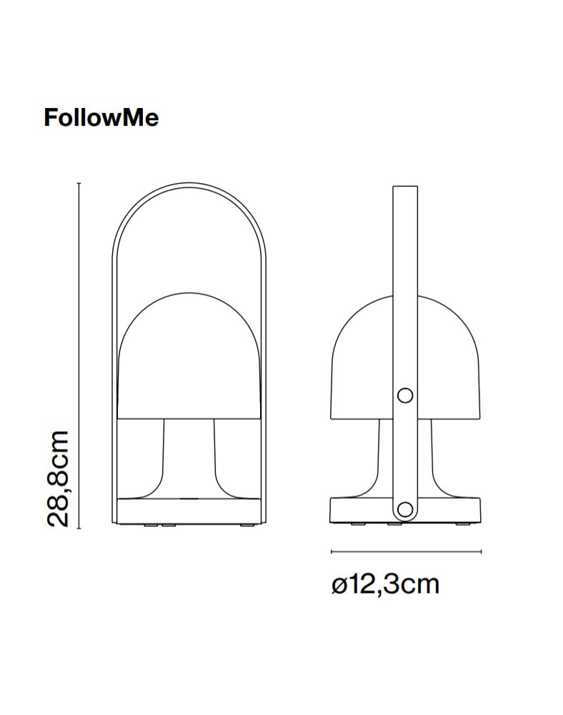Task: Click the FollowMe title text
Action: (x=101, y=117)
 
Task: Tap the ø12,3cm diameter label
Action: (x=385, y=585)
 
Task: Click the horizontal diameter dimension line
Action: (x=406, y=551)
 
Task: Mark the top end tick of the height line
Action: (x=79, y=184)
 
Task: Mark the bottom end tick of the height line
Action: (x=79, y=528)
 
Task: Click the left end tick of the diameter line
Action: (x=332, y=551)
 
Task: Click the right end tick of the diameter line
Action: (x=482, y=551)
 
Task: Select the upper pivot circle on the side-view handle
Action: (x=405, y=395)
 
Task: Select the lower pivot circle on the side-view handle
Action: (x=405, y=509)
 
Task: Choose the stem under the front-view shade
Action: (x=189, y=458)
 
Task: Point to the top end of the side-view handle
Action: (x=405, y=188)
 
